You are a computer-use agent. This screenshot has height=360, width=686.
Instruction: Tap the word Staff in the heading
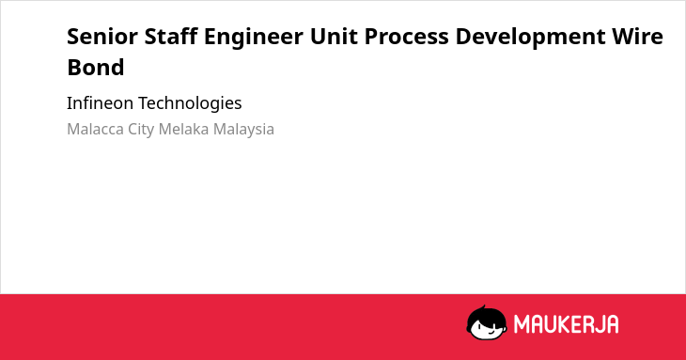(171, 36)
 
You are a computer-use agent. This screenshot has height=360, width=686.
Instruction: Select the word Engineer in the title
(254, 38)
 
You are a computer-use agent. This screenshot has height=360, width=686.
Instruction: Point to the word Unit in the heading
(334, 37)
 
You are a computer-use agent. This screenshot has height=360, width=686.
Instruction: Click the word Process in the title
(407, 37)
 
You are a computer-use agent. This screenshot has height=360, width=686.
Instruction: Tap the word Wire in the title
(637, 37)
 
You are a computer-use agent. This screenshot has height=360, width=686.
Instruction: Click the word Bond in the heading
(96, 68)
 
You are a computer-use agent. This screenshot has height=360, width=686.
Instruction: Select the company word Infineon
(100, 103)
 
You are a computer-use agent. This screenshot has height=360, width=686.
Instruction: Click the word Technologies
(190, 103)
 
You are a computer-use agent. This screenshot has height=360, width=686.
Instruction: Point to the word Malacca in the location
(95, 129)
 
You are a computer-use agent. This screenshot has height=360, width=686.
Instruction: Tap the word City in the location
(141, 130)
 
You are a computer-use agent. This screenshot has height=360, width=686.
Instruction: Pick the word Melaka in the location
(183, 129)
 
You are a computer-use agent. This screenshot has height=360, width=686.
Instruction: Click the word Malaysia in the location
(243, 130)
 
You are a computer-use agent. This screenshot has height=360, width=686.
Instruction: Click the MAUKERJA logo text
(566, 324)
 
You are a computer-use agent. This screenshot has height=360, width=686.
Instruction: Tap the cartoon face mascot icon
(487, 322)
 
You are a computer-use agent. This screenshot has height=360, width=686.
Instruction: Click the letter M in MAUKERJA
(522, 324)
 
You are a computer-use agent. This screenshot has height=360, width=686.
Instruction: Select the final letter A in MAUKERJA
(613, 324)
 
